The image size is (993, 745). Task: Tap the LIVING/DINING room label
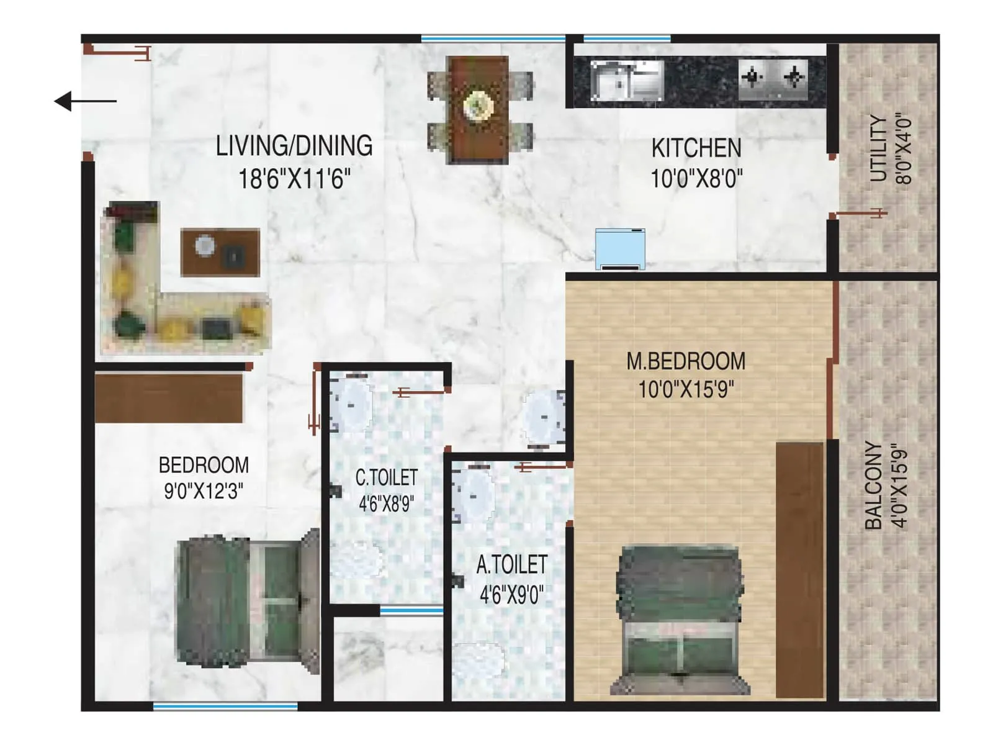click(x=294, y=146)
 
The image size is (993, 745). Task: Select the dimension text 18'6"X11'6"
click(x=294, y=179)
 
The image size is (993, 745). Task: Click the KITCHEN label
click(x=696, y=148)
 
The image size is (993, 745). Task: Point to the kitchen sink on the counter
click(x=626, y=80)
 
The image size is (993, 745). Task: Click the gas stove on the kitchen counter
click(x=773, y=79)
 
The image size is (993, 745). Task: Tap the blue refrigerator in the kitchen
click(x=620, y=248)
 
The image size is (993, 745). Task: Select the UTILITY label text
click(x=878, y=148)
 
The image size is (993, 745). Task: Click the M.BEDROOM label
click(x=686, y=361)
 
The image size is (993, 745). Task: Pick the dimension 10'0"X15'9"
click(x=686, y=390)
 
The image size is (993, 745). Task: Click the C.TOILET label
click(x=386, y=477)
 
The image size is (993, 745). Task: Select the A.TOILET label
click(x=511, y=565)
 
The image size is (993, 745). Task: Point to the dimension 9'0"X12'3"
click(x=204, y=492)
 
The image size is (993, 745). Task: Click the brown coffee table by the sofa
click(x=220, y=251)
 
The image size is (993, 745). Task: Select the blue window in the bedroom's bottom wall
click(x=225, y=706)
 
